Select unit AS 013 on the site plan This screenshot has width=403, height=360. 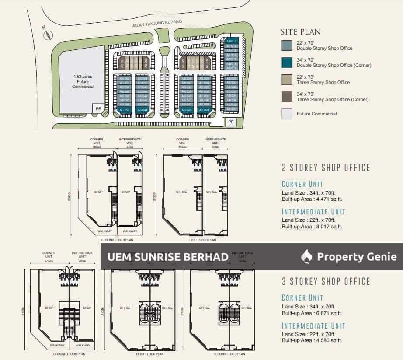231,41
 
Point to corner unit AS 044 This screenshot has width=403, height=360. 142,109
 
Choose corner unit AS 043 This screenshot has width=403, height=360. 187,109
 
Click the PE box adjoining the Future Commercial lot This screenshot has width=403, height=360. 98,108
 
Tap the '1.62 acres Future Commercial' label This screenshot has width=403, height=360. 83,82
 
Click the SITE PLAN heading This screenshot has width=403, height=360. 301,32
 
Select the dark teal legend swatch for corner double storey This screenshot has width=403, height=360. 287,63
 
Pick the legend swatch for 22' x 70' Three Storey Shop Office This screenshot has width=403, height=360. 287,79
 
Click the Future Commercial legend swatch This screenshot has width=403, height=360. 287,114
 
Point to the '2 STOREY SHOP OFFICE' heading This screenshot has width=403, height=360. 326,168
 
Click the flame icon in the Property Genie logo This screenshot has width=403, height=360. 307,257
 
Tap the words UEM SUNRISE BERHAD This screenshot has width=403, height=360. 168,257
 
